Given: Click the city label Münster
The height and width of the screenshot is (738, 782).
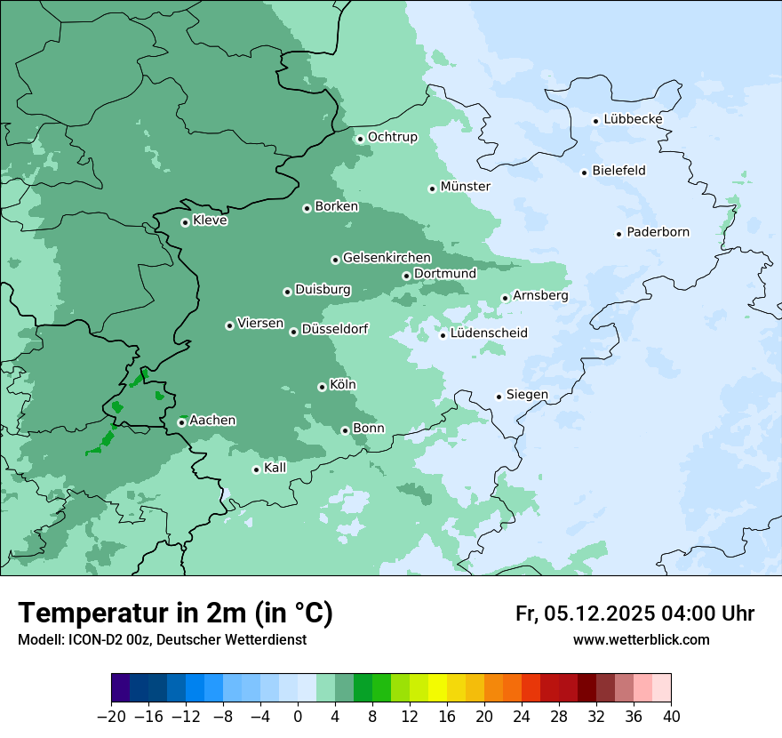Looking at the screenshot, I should (465, 187).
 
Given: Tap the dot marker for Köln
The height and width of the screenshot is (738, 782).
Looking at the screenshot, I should (322, 387).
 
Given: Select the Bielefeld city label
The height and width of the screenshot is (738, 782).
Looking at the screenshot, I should (618, 171).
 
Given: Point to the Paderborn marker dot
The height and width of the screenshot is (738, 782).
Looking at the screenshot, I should (618, 234).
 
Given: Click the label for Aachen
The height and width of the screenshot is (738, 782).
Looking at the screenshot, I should (212, 421).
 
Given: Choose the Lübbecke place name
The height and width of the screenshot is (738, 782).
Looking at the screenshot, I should (633, 119).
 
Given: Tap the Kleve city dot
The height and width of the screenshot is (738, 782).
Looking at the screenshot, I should (185, 222).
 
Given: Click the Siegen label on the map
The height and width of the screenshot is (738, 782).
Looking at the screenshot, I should (527, 395).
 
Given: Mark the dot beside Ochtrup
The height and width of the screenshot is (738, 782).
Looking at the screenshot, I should (360, 139).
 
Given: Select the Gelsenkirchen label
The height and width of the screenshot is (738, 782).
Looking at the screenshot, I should (387, 258).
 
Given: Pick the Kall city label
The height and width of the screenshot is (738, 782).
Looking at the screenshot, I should (275, 468).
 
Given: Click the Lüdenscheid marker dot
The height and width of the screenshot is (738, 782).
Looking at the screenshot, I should (443, 335).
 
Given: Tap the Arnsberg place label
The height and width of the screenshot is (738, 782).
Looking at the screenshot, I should (540, 296).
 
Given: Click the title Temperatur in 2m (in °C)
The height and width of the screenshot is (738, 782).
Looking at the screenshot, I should (175, 614).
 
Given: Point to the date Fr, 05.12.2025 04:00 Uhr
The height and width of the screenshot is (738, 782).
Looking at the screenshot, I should (634, 614).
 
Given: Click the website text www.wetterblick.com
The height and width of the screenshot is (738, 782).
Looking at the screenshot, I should (641, 640).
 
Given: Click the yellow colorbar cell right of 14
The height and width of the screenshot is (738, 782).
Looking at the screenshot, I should (437, 688).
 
